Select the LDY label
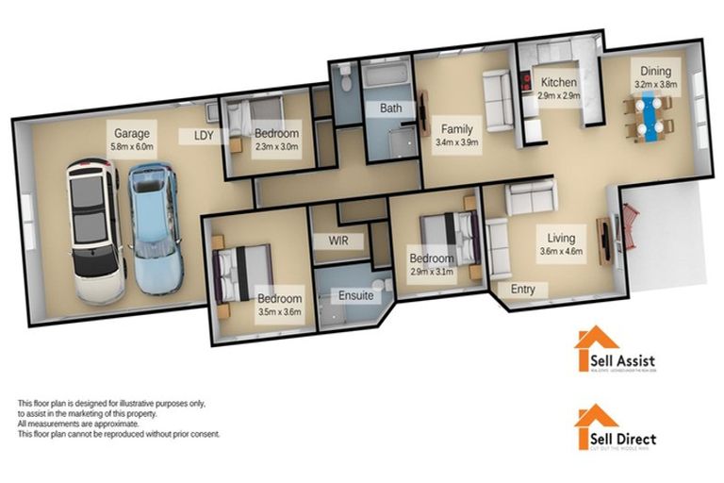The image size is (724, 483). (x=204, y=135)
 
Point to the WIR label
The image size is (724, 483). (x=337, y=241)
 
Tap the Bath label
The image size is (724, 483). (x=390, y=108)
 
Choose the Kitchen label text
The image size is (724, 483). (x=558, y=83)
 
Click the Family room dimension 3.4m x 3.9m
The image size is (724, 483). (x=458, y=142)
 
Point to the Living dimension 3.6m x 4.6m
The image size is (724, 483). (x=561, y=251)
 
